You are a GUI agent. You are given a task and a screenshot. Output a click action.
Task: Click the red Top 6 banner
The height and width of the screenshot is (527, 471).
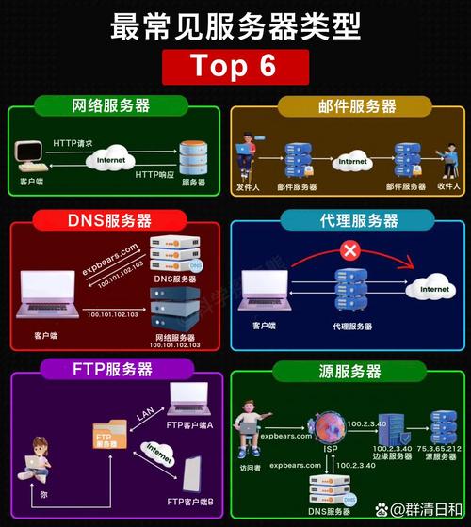[235, 65]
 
